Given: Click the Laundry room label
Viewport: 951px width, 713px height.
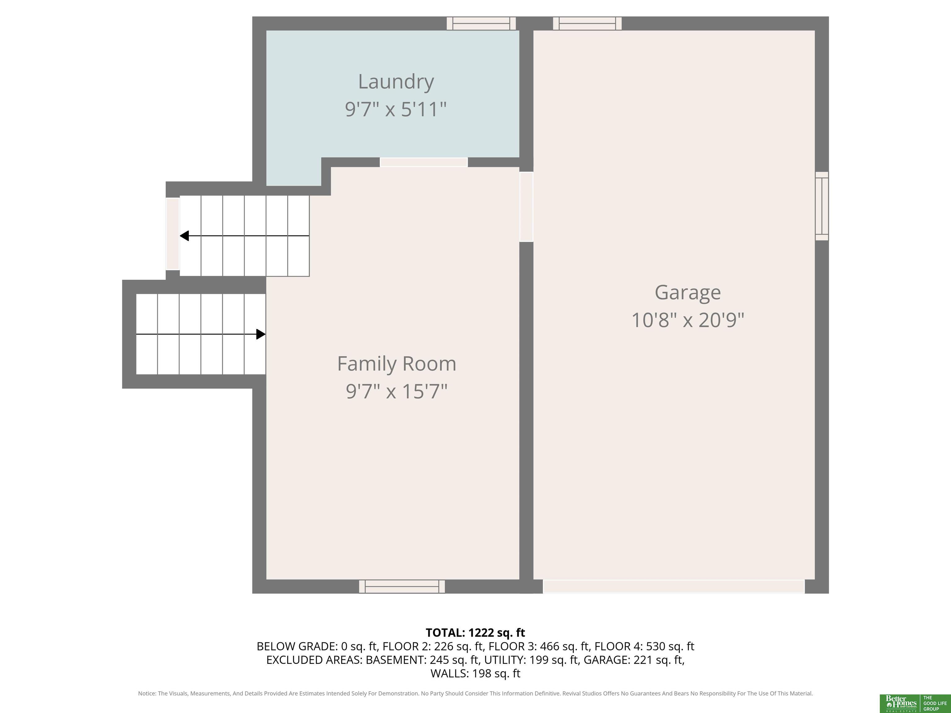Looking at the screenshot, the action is click(396, 82).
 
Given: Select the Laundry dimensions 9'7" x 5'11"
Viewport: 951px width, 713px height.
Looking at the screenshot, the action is click(396, 109).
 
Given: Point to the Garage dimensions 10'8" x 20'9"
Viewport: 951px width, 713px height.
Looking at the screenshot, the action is click(688, 320).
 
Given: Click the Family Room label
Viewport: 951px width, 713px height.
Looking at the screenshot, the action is click(396, 364).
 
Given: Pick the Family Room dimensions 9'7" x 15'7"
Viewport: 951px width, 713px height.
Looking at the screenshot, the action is click(396, 391).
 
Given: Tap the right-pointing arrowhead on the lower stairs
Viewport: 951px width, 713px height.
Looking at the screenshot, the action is click(261, 334).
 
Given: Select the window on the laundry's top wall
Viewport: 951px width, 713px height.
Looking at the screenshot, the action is click(481, 23).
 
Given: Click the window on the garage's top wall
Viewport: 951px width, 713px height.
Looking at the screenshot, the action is click(587, 23).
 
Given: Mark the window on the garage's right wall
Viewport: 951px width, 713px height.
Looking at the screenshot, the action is click(822, 206).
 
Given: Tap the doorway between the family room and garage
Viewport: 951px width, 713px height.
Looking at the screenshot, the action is click(526, 207).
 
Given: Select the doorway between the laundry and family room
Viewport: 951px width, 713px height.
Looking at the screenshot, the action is click(423, 162).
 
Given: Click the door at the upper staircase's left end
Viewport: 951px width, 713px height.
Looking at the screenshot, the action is click(173, 233).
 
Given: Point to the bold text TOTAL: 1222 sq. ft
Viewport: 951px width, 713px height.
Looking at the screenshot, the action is click(475, 633).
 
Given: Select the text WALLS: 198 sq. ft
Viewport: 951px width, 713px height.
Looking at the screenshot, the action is click(475, 673).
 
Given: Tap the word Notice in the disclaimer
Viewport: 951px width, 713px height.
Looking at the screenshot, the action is click(147, 693).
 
